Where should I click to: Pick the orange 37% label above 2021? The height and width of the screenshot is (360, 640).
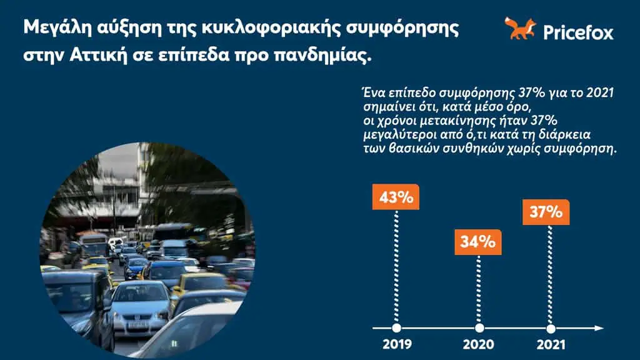pos(547,212)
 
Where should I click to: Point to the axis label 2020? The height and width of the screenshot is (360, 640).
pos(479,344)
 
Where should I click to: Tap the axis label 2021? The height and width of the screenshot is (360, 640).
pos(551,344)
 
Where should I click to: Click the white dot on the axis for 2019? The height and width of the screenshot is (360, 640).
pos(396,328)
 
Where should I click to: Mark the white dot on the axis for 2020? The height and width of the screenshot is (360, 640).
pos(479,328)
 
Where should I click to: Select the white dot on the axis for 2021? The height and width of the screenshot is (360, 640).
pos(551,328)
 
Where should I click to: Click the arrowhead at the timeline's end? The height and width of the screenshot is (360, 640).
pos(599,328)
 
